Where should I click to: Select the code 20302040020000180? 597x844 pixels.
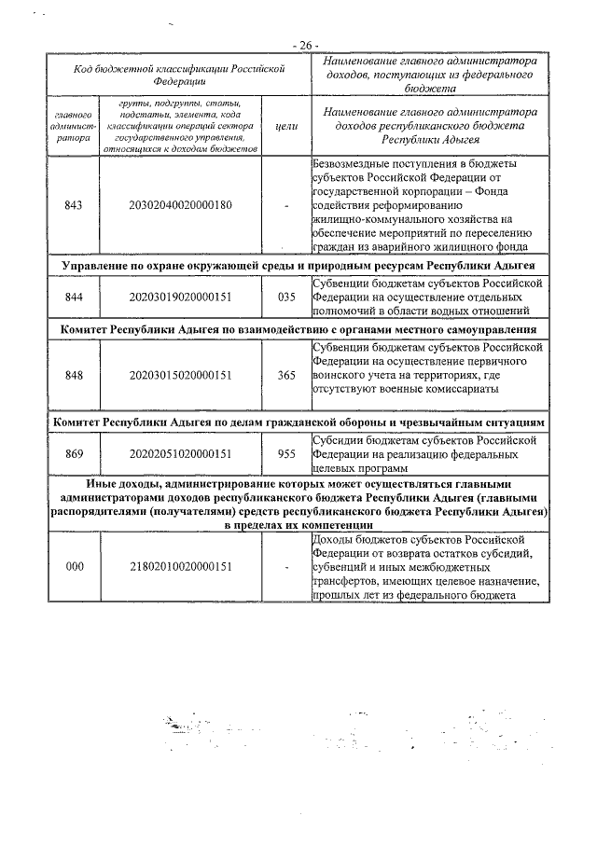181,205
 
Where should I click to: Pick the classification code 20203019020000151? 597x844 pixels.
181,297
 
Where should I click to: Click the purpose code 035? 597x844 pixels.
285,297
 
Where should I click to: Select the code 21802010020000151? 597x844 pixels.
181,566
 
